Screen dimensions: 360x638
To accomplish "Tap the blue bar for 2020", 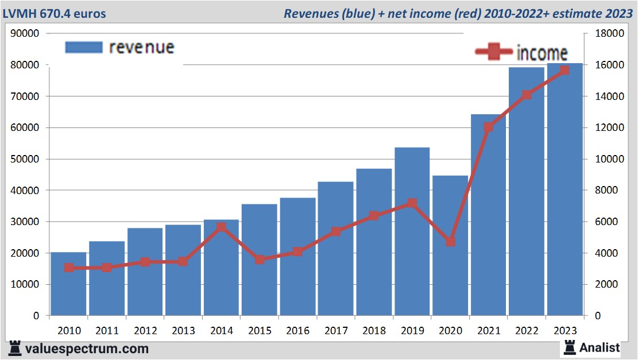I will pos(450,276).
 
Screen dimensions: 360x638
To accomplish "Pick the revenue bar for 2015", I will pos(259,287).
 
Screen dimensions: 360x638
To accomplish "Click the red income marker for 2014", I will pos(222,227).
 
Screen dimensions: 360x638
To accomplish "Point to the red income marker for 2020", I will pos(450,242).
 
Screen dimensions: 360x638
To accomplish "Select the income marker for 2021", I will pos(489,127).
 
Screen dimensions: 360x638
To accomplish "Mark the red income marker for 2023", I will pos(564,70).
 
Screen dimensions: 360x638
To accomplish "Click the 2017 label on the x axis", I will pos(335,331).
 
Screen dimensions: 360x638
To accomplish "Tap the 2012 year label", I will pos(145,331).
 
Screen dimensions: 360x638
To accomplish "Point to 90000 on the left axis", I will pos(25,34).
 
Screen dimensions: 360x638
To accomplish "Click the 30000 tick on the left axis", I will pos(25,222).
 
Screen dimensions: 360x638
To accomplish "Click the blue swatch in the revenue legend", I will pos(83,47).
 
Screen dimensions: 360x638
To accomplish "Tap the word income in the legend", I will pos(542,53).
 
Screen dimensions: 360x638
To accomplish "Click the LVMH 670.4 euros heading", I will pos(55,13).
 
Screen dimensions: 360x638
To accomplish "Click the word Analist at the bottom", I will pos(600,347).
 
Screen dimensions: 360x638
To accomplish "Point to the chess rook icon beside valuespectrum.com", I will pos(15,349).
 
